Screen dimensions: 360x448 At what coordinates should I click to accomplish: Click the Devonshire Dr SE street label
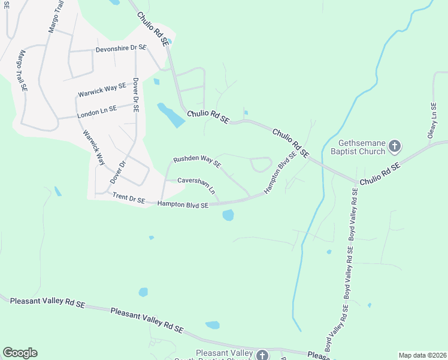(122, 47)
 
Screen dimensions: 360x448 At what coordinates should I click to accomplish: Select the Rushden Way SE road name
(197, 161)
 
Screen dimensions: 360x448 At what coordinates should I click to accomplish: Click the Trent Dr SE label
(129, 199)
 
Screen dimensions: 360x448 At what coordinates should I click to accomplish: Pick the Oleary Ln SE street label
(432, 121)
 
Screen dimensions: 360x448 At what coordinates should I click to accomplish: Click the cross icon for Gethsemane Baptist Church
(394, 146)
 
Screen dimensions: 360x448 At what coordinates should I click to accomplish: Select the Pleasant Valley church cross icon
(262, 355)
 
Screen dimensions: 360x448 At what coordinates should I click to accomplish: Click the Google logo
(20, 353)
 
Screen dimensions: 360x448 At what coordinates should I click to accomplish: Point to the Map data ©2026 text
(422, 355)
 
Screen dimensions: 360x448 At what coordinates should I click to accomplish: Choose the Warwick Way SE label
(102, 90)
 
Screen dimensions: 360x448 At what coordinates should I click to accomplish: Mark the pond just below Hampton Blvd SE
(228, 215)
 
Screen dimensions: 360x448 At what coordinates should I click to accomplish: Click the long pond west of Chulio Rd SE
(171, 115)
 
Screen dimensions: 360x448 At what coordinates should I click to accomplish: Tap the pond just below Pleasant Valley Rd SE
(213, 325)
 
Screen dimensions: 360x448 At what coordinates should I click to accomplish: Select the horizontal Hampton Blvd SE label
(183, 205)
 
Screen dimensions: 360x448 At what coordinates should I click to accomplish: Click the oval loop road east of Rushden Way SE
(260, 164)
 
